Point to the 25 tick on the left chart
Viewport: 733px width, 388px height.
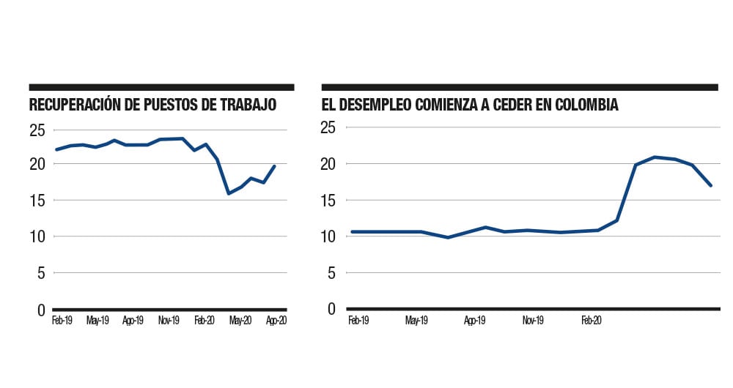38,130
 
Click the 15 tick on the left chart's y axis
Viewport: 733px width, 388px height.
38,200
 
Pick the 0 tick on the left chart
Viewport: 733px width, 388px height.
42,310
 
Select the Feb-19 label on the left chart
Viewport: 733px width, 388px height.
62,321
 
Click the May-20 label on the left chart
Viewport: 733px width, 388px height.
241,321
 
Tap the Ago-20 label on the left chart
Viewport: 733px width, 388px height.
276,321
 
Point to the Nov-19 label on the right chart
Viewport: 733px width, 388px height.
533,321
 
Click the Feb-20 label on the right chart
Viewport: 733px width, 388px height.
592,321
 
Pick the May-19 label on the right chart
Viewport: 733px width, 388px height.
416,321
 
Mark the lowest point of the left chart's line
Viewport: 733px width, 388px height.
229,193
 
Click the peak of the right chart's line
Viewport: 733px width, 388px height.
655,157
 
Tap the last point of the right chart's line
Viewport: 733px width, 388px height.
711,185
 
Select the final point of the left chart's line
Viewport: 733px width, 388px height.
275,165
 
